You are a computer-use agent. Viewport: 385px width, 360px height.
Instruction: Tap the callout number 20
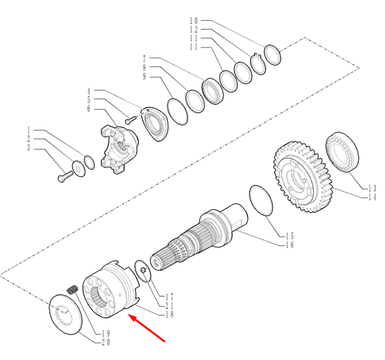coord(106,343)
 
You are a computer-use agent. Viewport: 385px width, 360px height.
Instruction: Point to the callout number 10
coord(194,20)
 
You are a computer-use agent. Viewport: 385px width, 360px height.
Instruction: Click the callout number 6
coord(89,109)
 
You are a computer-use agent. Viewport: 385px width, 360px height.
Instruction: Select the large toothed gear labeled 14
coord(303,176)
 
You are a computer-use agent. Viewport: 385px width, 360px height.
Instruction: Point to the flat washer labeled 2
coord(79,169)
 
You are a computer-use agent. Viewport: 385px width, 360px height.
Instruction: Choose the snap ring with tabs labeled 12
coord(258,64)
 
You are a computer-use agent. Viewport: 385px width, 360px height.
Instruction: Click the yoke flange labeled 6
coord(119,150)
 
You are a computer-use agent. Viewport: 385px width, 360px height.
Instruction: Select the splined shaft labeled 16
coord(199,238)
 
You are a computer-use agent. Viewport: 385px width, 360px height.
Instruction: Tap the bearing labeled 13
coord(342,152)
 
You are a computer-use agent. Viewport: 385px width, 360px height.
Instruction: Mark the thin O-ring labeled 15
coord(261,200)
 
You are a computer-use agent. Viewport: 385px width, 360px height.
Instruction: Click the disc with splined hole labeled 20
coord(65,314)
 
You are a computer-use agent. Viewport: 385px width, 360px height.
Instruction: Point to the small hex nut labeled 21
coord(143,271)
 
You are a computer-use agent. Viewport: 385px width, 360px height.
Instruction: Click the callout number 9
coord(144,77)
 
